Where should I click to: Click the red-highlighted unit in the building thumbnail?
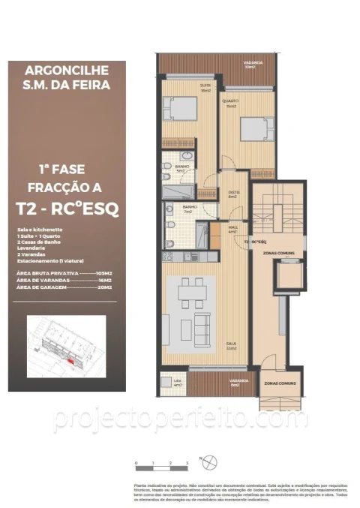coord(71,360)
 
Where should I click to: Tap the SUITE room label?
coord(183,86)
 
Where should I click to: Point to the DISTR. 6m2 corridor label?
coord(233,194)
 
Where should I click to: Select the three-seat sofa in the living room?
coord(202,327)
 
